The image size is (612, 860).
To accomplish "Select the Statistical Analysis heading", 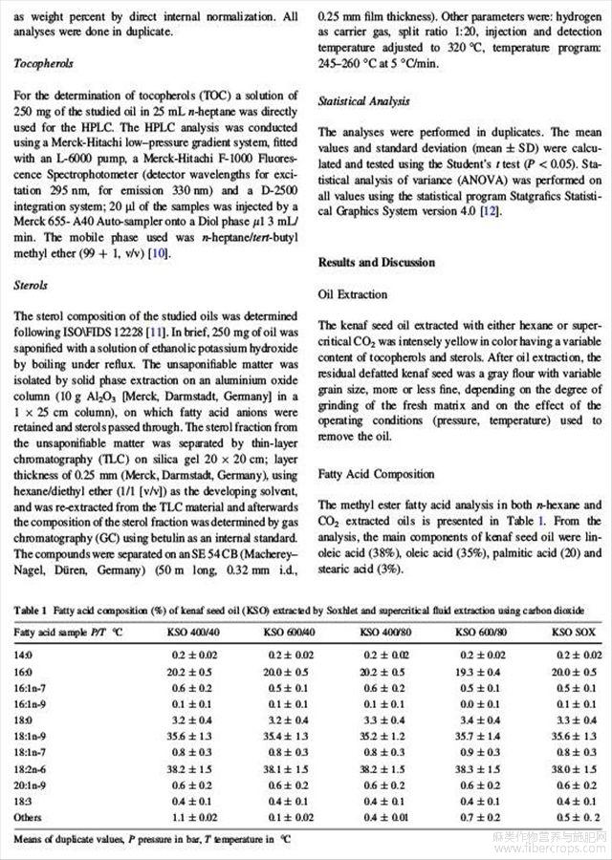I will click(363, 99).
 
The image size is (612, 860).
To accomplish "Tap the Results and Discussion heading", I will click(376, 263).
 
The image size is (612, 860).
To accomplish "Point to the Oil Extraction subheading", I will click(353, 295).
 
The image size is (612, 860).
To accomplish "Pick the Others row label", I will click(30, 818).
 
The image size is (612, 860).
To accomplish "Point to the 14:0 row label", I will click(23, 656).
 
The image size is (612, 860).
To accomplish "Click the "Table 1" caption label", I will click(30, 610).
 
